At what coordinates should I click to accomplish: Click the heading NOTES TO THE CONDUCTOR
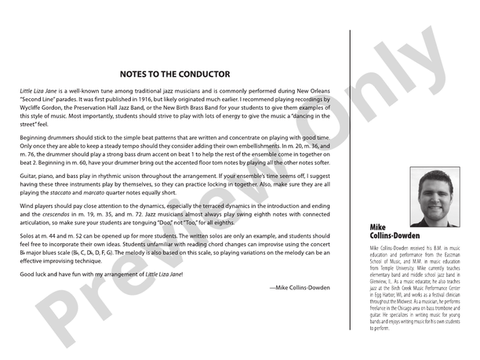pyautogui.click(x=175, y=75)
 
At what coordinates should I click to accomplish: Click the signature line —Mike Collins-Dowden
pyautogui.click(x=299, y=288)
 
